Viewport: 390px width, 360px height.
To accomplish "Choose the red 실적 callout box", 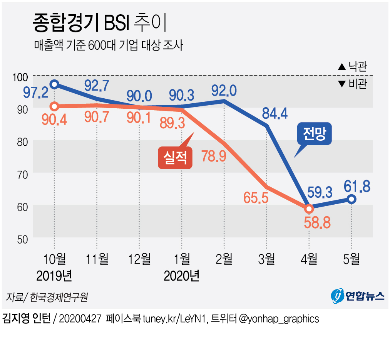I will [x=175, y=157].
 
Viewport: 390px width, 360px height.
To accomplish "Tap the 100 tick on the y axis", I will [x=20, y=77].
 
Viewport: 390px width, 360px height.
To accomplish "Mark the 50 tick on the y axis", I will [x=22, y=239].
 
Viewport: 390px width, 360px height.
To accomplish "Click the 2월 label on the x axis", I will [x=224, y=259].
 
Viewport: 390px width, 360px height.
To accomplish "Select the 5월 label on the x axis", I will [x=351, y=259].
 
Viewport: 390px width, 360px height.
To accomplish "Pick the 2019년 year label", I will [x=54, y=276].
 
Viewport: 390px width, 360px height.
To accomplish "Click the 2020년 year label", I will [x=181, y=276].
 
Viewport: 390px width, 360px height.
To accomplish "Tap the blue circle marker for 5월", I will [x=352, y=199].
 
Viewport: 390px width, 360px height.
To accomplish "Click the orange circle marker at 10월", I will [x=55, y=106].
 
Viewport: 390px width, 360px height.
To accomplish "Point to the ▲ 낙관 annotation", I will [x=352, y=66].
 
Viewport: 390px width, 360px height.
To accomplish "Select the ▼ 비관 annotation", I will [x=352, y=84].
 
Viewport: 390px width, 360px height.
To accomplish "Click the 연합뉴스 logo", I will [x=358, y=296].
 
